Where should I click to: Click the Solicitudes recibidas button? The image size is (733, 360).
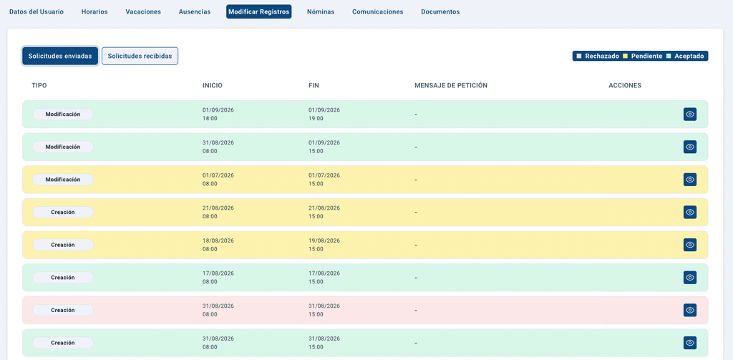(x=140, y=56)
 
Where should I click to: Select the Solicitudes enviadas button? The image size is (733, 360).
(x=60, y=56)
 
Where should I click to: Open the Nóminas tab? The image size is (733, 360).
(x=321, y=11)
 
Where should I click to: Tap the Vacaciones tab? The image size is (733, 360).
(x=143, y=11)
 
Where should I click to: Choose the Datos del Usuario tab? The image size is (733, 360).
(x=37, y=11)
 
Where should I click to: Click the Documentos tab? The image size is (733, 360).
(x=440, y=11)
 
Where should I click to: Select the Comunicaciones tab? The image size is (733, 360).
(x=378, y=11)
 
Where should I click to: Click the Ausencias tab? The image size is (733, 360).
(x=195, y=11)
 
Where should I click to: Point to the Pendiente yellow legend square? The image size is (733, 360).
(x=625, y=56)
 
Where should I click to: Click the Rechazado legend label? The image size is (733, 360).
(x=602, y=56)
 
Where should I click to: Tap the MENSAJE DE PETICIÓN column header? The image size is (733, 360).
(x=451, y=86)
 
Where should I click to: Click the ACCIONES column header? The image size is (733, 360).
(x=625, y=86)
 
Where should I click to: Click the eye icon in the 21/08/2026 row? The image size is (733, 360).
(x=690, y=213)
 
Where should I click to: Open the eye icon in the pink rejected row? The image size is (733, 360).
(x=690, y=310)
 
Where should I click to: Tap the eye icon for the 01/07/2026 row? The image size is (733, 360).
(x=690, y=180)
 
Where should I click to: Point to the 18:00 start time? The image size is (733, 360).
(x=210, y=119)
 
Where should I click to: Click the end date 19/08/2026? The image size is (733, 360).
(x=324, y=240)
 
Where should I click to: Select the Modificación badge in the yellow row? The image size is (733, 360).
(x=63, y=180)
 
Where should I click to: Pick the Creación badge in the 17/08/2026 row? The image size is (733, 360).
(x=63, y=278)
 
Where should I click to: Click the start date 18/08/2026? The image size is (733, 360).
(x=218, y=240)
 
